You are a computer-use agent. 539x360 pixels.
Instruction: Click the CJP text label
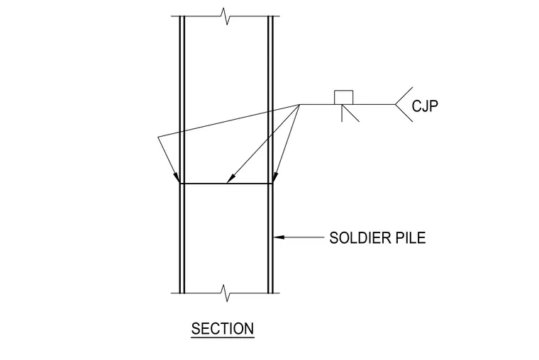point(425,106)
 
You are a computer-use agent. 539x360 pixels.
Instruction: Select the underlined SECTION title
point(223,329)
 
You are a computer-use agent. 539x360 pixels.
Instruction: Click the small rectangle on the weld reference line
point(344,97)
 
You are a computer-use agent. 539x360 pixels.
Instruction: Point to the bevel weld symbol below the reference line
point(350,113)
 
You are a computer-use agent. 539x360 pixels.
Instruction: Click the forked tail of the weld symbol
point(404,104)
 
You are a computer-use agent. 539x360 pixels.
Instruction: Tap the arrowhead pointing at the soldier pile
point(279,237)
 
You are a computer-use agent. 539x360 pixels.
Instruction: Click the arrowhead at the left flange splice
point(177,178)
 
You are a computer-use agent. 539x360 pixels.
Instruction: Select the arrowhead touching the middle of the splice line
point(230,178)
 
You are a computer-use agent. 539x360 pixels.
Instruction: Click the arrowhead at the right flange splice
point(274,178)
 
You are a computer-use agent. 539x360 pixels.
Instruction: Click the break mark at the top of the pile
point(225,16)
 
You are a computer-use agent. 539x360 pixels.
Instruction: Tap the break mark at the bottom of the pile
point(225,293)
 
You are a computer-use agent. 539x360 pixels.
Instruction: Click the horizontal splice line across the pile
point(226,184)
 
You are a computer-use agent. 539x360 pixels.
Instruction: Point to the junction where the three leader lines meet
point(300,104)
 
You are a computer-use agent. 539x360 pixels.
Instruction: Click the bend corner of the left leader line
point(157,137)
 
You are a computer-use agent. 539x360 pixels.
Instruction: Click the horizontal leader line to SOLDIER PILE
point(299,237)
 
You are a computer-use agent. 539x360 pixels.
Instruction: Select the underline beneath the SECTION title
point(223,338)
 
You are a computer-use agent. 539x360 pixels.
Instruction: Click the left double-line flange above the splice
point(182,100)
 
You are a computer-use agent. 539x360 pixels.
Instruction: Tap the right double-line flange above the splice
point(270,100)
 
